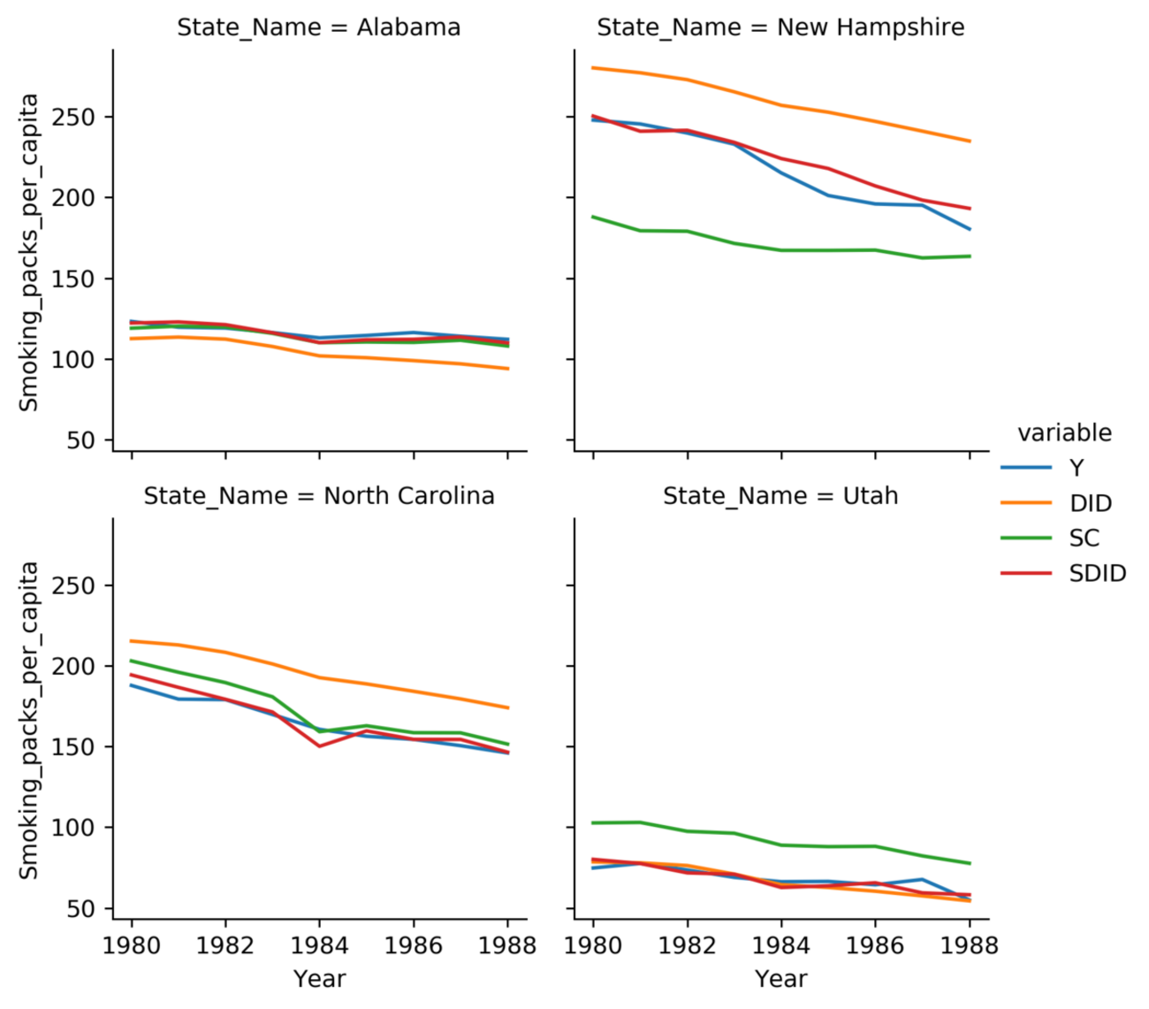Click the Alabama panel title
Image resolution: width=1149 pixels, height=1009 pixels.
319,27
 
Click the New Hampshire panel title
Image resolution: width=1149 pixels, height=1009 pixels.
780,27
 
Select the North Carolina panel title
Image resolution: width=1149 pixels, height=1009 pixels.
319,496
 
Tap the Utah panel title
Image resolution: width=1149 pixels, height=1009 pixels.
780,496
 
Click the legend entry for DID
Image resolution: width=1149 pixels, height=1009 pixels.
1090,503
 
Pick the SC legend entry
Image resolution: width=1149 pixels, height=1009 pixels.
1084,539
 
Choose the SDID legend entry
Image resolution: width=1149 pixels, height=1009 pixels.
1097,574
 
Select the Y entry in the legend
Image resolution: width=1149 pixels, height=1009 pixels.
1077,468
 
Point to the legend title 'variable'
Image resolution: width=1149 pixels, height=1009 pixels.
1064,432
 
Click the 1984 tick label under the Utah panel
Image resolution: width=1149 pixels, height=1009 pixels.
781,945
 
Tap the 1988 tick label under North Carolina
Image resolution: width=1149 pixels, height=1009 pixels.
507,945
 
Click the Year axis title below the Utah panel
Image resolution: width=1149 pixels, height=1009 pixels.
780,979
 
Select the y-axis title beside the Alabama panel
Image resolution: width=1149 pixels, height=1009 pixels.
29,252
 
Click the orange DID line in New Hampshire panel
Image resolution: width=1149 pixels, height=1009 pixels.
781,105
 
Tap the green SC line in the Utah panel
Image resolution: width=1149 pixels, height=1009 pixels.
781,845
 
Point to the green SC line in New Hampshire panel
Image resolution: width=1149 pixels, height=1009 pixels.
781,250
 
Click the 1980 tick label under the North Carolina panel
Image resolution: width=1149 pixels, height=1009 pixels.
132,945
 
